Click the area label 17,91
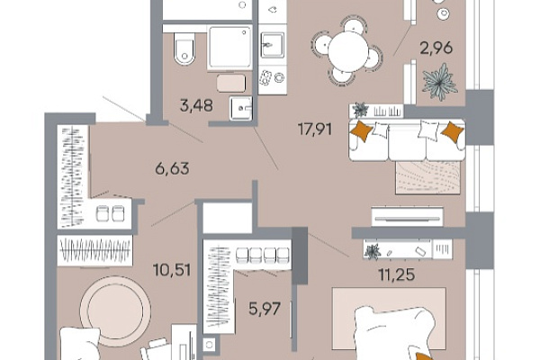(x=315, y=130)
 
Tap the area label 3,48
(x=196, y=105)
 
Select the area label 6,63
(x=173, y=169)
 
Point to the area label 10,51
(x=172, y=270)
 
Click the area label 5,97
(x=265, y=309)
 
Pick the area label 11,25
(x=396, y=274)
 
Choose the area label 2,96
(x=436, y=48)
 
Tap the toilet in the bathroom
(x=184, y=49)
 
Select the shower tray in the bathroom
(x=229, y=47)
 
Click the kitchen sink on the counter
(x=273, y=45)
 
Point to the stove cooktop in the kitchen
(x=272, y=78)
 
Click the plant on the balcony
(x=439, y=82)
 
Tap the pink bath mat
(x=231, y=83)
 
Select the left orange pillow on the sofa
(x=361, y=130)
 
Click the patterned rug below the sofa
(x=428, y=177)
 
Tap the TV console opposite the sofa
(x=408, y=216)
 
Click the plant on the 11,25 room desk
(x=372, y=251)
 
